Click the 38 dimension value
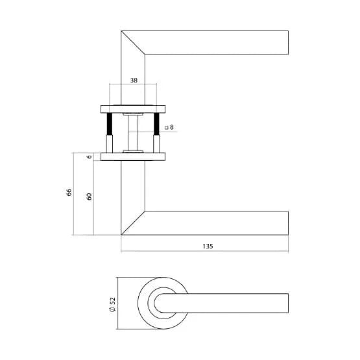coord(133,81)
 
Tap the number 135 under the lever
coord(208,246)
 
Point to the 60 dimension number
coord(89,197)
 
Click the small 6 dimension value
coord(89,156)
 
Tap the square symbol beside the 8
coord(167,128)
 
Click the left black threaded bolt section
coord(110,124)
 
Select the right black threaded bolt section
coord(156,124)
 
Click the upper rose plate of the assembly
coord(133,107)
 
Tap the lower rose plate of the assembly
coord(133,156)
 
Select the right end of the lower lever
coord(287,222)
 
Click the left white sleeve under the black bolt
coord(110,143)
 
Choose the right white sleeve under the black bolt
coord(156,143)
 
